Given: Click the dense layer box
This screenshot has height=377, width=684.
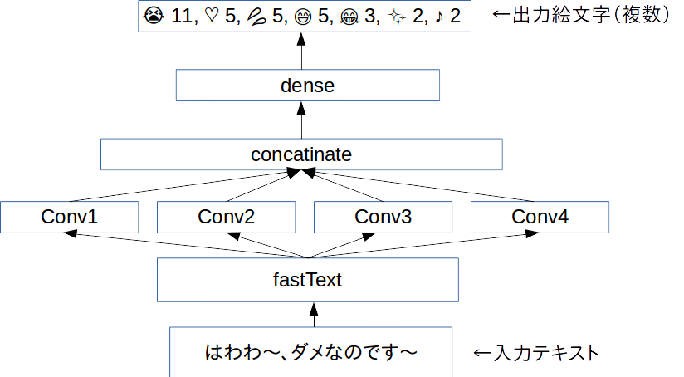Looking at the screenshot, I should point(307,85).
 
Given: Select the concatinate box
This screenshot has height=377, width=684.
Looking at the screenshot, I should point(301,154).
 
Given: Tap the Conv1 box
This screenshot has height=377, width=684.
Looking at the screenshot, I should point(69,218).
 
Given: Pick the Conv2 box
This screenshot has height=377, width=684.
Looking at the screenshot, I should point(226,218).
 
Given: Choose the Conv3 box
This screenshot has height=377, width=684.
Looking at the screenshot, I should point(383,218).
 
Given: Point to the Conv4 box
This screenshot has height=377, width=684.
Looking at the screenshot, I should point(540,218).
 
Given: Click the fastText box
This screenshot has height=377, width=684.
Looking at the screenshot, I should point(307,280).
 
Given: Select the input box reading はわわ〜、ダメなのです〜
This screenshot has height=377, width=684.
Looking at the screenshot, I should point(312,352).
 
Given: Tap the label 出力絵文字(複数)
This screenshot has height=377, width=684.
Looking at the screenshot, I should point(581,15).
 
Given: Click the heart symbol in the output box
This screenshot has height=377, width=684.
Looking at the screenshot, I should point(211,16).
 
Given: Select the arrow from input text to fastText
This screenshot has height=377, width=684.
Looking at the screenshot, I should point(313,314).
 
